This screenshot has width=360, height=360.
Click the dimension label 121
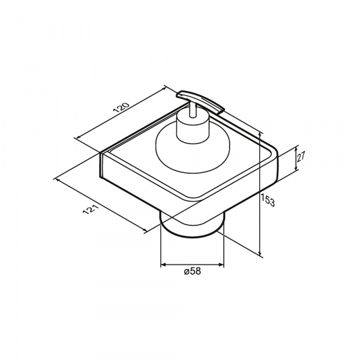click(91, 209)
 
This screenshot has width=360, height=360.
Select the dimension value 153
click(268, 200)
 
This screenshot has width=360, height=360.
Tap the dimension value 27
click(301, 157)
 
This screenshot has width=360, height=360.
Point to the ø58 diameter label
click(193, 271)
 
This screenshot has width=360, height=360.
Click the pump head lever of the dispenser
click(200, 101)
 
